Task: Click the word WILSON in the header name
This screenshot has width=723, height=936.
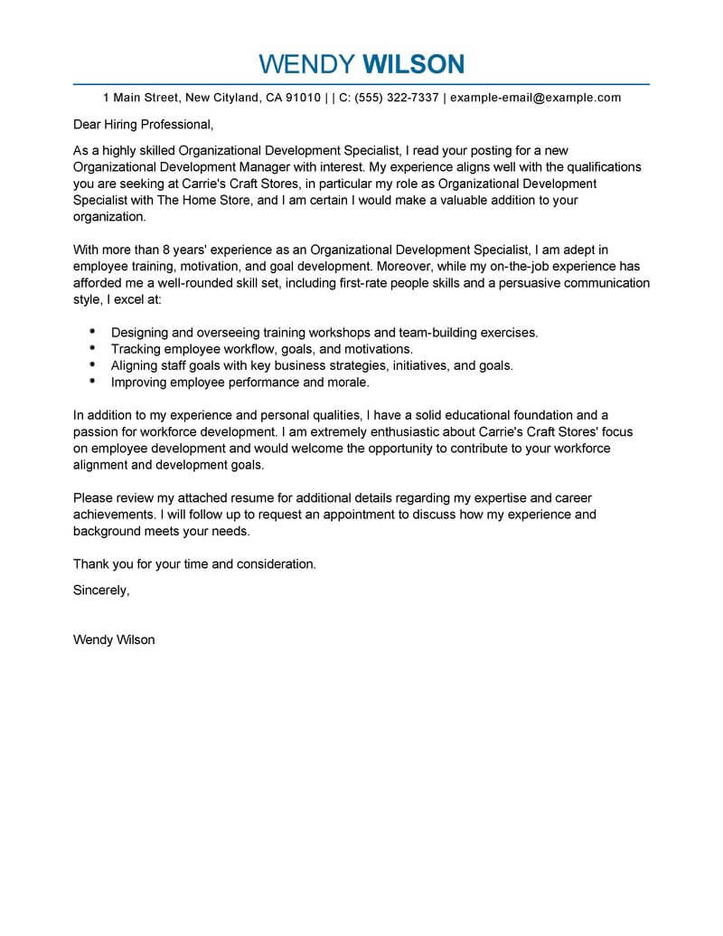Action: (414, 64)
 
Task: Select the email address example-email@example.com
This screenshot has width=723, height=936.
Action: (535, 98)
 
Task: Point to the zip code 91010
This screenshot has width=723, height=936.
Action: (302, 98)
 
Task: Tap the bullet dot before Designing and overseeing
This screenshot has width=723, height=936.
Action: (94, 332)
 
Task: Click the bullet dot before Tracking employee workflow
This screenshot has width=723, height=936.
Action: (94, 348)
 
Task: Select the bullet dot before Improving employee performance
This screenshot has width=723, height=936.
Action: (94, 382)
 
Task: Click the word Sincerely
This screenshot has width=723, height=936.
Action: (101, 590)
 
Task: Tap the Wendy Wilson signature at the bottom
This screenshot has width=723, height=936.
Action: (114, 639)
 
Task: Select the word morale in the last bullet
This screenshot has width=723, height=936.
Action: (346, 382)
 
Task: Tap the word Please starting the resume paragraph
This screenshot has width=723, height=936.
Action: (93, 498)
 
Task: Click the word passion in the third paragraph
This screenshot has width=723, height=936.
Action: (95, 432)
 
